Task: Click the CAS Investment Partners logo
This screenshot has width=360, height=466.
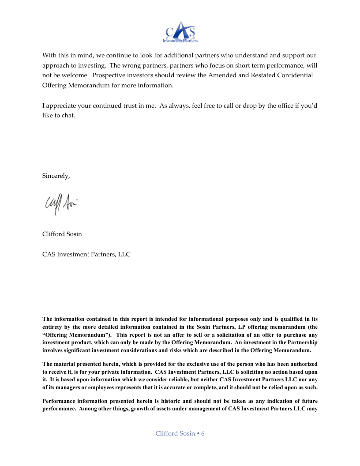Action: click(180, 32)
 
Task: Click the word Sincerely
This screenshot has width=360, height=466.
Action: click(56, 176)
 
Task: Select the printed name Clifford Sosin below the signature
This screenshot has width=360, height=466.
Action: click(62, 234)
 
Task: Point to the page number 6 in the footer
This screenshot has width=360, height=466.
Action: click(203, 433)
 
